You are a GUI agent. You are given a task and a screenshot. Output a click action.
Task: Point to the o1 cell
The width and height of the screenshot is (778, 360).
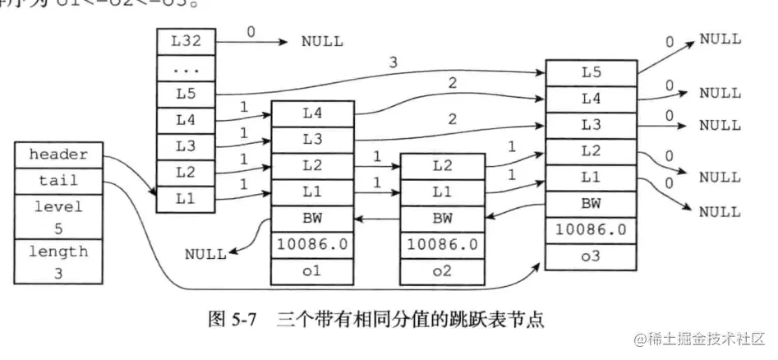click(312, 271)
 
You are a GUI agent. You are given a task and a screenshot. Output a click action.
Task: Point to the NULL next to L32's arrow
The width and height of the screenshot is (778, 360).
click(321, 41)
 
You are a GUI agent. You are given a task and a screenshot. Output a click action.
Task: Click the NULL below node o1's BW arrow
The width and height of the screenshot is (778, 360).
click(205, 253)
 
